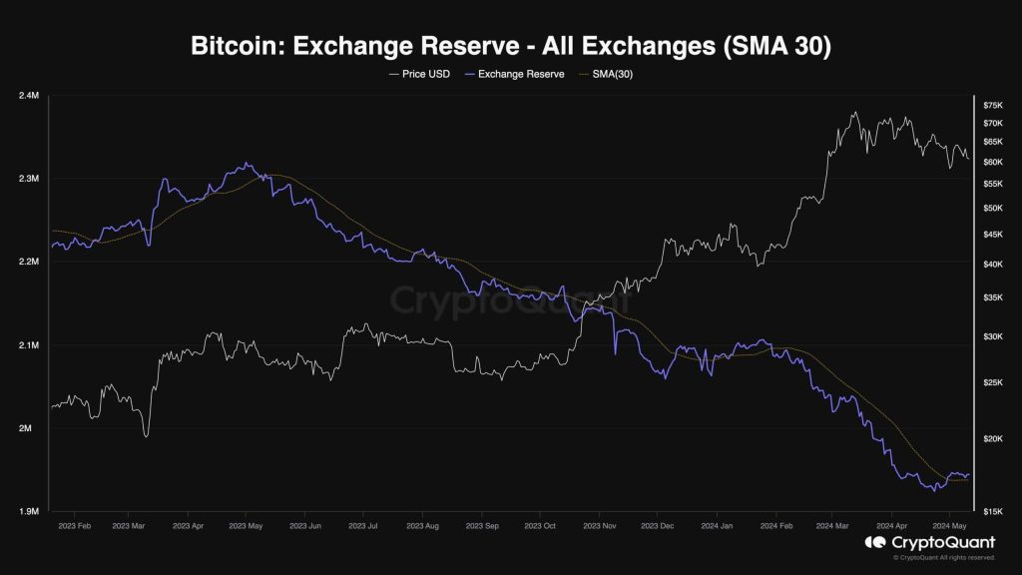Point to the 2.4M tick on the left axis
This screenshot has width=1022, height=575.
point(29,96)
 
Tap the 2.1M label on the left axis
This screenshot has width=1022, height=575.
point(29,345)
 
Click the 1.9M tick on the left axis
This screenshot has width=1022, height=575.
point(29,511)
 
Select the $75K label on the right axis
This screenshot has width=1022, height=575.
point(993,105)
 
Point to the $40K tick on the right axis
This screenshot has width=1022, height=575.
point(993,265)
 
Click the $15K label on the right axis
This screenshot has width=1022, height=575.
point(993,511)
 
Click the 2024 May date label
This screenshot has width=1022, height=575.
point(948,524)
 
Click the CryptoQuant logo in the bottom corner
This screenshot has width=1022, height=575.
point(929,542)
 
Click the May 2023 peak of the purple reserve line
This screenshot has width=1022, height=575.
point(246,164)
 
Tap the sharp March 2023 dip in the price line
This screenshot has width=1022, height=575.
point(146,436)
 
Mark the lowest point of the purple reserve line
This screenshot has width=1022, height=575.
point(933,491)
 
